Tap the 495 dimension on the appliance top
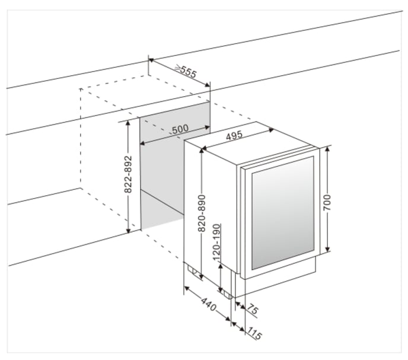(x=234, y=136)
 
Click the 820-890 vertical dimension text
(x=202, y=212)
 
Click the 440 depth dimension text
(x=207, y=305)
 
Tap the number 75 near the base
(x=251, y=311)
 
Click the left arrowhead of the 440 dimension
(x=186, y=288)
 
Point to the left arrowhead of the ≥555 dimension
(x=151, y=60)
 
